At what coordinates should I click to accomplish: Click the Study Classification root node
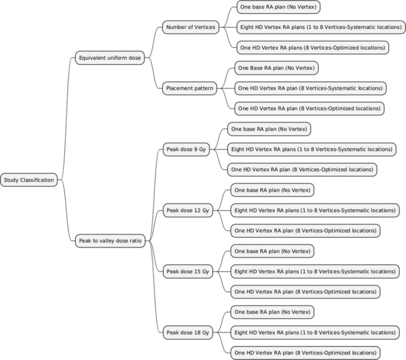point(29,180)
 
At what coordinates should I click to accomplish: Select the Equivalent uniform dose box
point(110,58)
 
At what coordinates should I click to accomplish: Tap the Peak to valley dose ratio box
point(110,241)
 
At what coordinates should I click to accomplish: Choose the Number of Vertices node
point(190,27)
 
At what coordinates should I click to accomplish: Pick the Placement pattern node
point(189,89)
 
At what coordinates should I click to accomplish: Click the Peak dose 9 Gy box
point(186,150)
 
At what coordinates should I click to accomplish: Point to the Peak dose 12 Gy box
point(188,210)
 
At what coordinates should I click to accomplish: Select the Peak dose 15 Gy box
point(188,271)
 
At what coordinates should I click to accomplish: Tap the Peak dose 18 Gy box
point(188,333)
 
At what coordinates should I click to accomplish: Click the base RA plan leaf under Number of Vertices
point(278,7)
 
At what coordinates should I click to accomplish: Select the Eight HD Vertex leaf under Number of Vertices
point(321,27)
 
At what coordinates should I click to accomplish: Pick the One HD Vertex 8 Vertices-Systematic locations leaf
point(310,89)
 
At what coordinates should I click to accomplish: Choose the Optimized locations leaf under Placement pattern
point(309,108)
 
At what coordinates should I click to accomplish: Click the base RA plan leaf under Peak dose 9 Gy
point(269,129)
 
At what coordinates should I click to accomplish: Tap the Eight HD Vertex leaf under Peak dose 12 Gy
point(315,210)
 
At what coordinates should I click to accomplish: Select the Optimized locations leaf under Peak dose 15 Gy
point(305,292)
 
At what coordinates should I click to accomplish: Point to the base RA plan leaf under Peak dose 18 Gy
point(272,312)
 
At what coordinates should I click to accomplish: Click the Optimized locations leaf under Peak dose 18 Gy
point(305,353)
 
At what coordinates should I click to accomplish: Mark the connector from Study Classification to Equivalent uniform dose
point(66,119)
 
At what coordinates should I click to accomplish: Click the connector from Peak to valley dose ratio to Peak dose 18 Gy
point(155,286)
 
